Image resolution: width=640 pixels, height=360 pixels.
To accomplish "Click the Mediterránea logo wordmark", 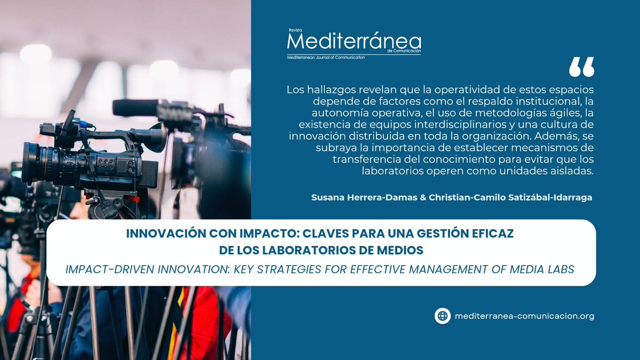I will coord(354,42).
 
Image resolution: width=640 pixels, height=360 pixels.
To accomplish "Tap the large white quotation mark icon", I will coord(581,67).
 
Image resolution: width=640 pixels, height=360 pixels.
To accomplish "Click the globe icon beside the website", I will coord(442,316).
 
